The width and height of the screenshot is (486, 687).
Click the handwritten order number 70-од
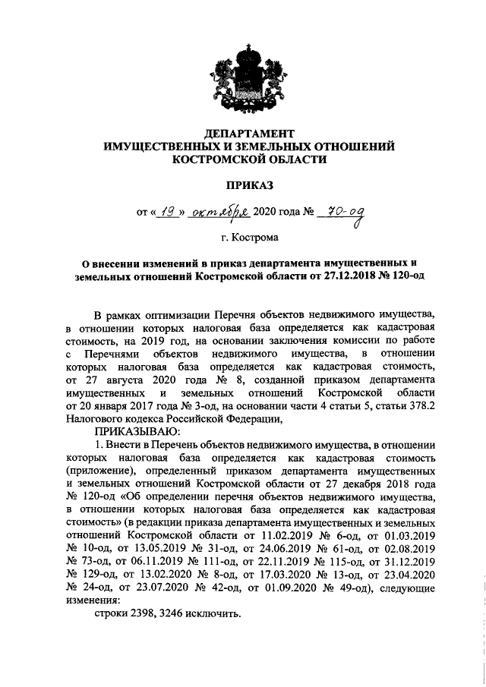click(342, 213)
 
